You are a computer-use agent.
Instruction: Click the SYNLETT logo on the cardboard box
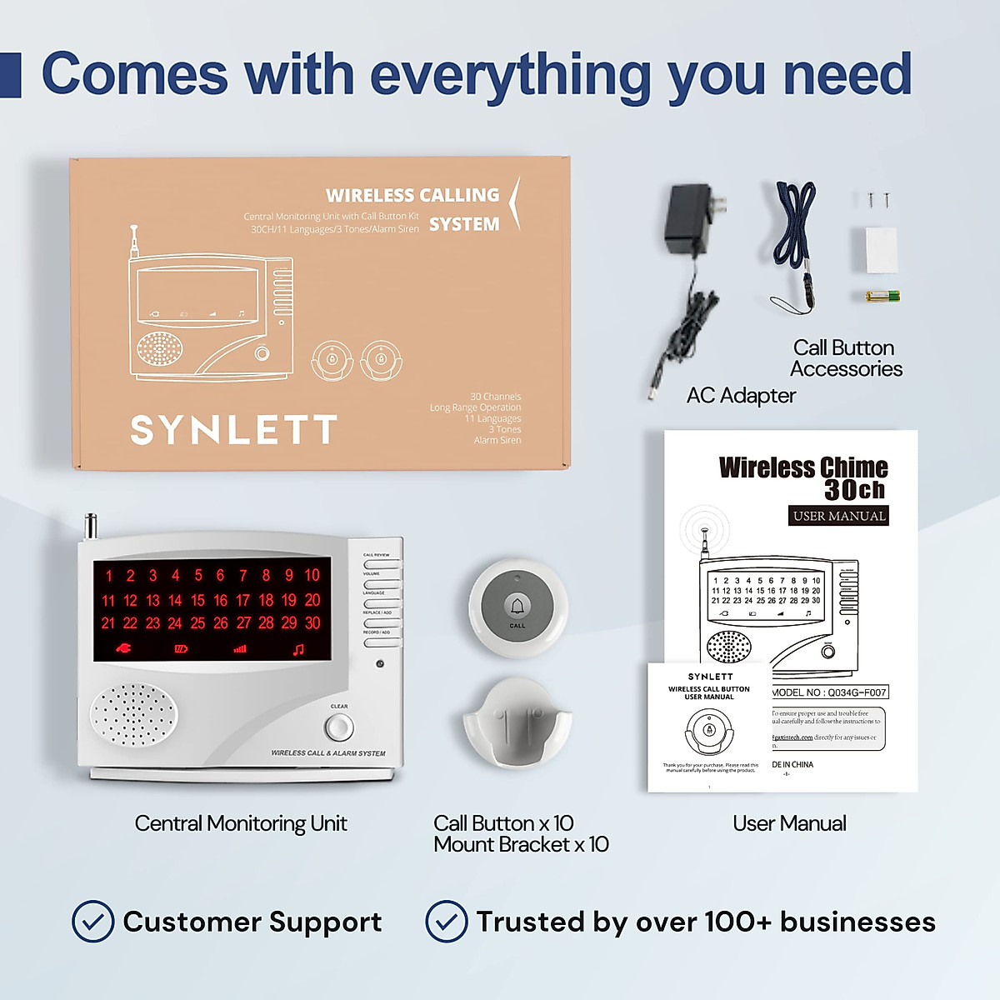233,430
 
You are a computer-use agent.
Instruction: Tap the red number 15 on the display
197,600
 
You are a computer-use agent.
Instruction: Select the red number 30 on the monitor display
312,622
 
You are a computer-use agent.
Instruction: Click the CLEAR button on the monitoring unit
338,727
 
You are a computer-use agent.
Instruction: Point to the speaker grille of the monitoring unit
133,715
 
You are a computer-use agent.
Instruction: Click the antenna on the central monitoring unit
91,527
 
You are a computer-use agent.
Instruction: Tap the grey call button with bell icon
517,607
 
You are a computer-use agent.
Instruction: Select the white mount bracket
517,723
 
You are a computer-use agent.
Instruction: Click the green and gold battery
882,295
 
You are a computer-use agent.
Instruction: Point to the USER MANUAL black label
838,516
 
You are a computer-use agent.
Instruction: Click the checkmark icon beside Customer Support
93,921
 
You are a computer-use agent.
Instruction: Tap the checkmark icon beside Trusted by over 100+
447,921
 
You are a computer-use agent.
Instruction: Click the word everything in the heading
510,75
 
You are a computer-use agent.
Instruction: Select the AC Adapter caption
741,395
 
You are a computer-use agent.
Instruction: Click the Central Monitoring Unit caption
241,823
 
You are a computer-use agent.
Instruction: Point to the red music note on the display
298,648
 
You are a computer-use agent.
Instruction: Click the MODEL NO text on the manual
829,692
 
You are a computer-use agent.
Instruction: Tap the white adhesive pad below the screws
881,249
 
